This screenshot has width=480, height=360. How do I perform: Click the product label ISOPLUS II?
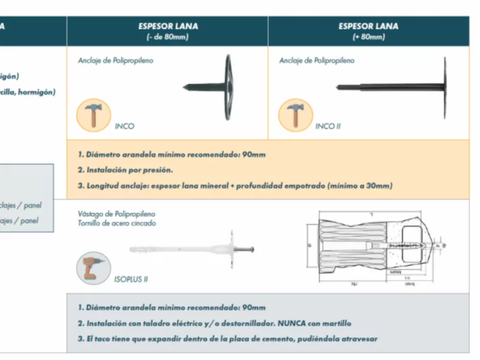(x=131, y=279)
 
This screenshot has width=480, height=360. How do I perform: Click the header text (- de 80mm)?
(x=167, y=37)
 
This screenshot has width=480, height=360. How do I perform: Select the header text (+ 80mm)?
(x=368, y=37)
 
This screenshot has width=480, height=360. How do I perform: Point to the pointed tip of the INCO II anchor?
(x=339, y=87)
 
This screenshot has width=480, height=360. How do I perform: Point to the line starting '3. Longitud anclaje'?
(x=235, y=185)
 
